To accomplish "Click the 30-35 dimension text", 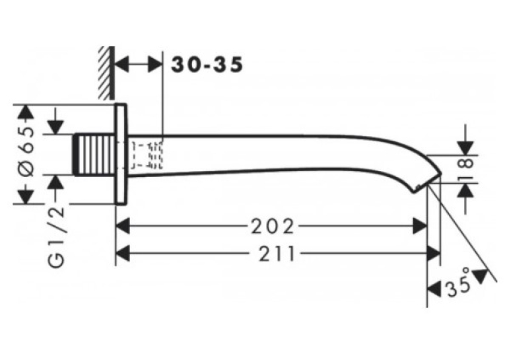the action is pyautogui.click(x=207, y=65).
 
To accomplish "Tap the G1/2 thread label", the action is pyautogui.click(x=57, y=237).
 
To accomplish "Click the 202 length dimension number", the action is pyautogui.click(x=273, y=227).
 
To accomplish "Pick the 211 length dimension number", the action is pyautogui.click(x=277, y=253).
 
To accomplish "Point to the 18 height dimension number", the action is pyautogui.click(x=465, y=168).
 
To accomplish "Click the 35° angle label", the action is pyautogui.click(x=458, y=283).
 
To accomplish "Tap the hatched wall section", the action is pyautogui.click(x=106, y=73).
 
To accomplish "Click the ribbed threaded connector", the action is pyautogui.click(x=94, y=155).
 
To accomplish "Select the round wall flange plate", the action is pyautogui.click(x=121, y=155).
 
